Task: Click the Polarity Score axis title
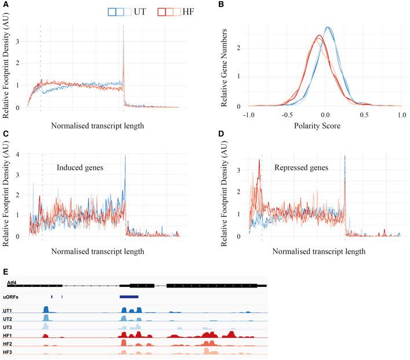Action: [x=324, y=125]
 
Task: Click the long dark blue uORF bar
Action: [x=129, y=297]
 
